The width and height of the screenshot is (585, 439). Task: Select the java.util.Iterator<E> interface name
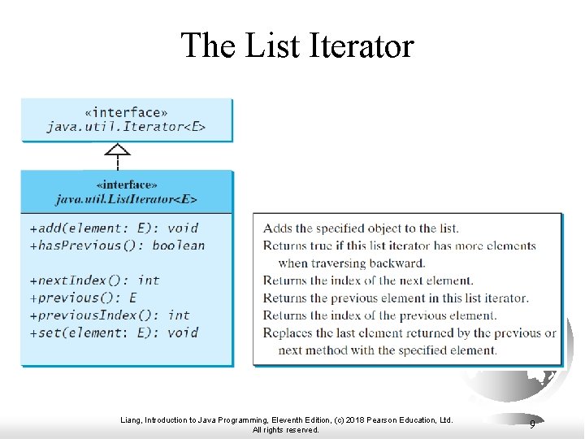pyautogui.click(x=126, y=127)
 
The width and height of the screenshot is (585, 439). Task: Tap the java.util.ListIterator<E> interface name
pyautogui.click(x=126, y=198)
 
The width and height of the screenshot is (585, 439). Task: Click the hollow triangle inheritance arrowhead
pyautogui.click(x=119, y=150)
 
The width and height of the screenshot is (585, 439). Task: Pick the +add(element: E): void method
pyautogui.click(x=114, y=228)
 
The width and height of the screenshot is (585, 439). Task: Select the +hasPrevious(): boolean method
pyautogui.click(x=117, y=246)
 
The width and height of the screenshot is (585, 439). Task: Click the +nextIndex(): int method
pyautogui.click(x=94, y=280)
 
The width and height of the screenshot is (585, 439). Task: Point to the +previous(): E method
pyautogui.click(x=83, y=298)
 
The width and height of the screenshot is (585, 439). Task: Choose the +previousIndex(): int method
pyautogui.click(x=110, y=315)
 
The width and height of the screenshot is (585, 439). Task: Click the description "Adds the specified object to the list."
pyautogui.click(x=361, y=228)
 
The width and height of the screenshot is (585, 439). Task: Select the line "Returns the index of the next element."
pyautogui.click(x=367, y=280)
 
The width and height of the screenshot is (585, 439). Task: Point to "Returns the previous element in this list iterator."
pyautogui.click(x=396, y=298)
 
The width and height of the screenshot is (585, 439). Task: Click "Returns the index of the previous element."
pyautogui.click(x=379, y=315)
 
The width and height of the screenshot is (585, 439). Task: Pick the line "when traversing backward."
pyautogui.click(x=351, y=263)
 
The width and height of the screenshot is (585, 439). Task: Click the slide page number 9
pyautogui.click(x=532, y=424)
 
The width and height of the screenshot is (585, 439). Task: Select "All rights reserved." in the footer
pyautogui.click(x=285, y=430)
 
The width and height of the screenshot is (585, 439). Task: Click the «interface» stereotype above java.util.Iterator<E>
pyautogui.click(x=126, y=112)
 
